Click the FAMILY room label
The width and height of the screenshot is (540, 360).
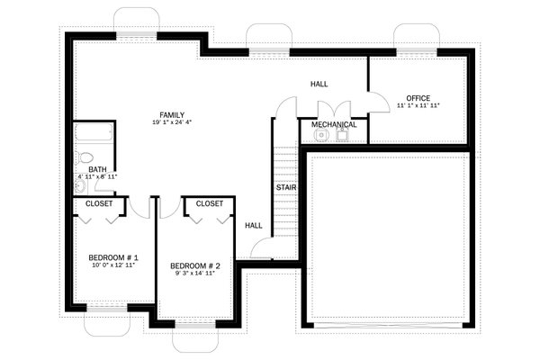(172, 115)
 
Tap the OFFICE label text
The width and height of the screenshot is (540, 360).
(418, 98)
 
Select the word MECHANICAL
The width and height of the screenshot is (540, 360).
(334, 124)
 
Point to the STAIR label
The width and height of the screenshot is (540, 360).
(287, 187)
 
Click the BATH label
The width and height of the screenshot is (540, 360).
(97, 168)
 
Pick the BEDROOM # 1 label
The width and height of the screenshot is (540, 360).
(112, 258)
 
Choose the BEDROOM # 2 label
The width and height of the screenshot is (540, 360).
(195, 265)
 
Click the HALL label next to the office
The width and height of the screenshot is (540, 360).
(319, 84)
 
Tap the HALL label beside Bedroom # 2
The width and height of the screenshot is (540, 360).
(254, 225)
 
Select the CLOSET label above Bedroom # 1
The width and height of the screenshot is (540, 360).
(99, 203)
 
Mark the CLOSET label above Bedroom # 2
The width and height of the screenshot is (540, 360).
(209, 203)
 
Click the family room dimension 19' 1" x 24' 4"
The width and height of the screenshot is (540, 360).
(172, 124)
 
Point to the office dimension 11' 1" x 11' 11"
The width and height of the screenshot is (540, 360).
(418, 106)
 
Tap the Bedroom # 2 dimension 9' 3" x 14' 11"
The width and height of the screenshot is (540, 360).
(195, 274)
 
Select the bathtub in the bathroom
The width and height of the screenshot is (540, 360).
(94, 135)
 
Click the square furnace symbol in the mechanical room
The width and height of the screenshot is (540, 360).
(343, 136)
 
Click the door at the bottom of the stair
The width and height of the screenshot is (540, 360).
(263, 247)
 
